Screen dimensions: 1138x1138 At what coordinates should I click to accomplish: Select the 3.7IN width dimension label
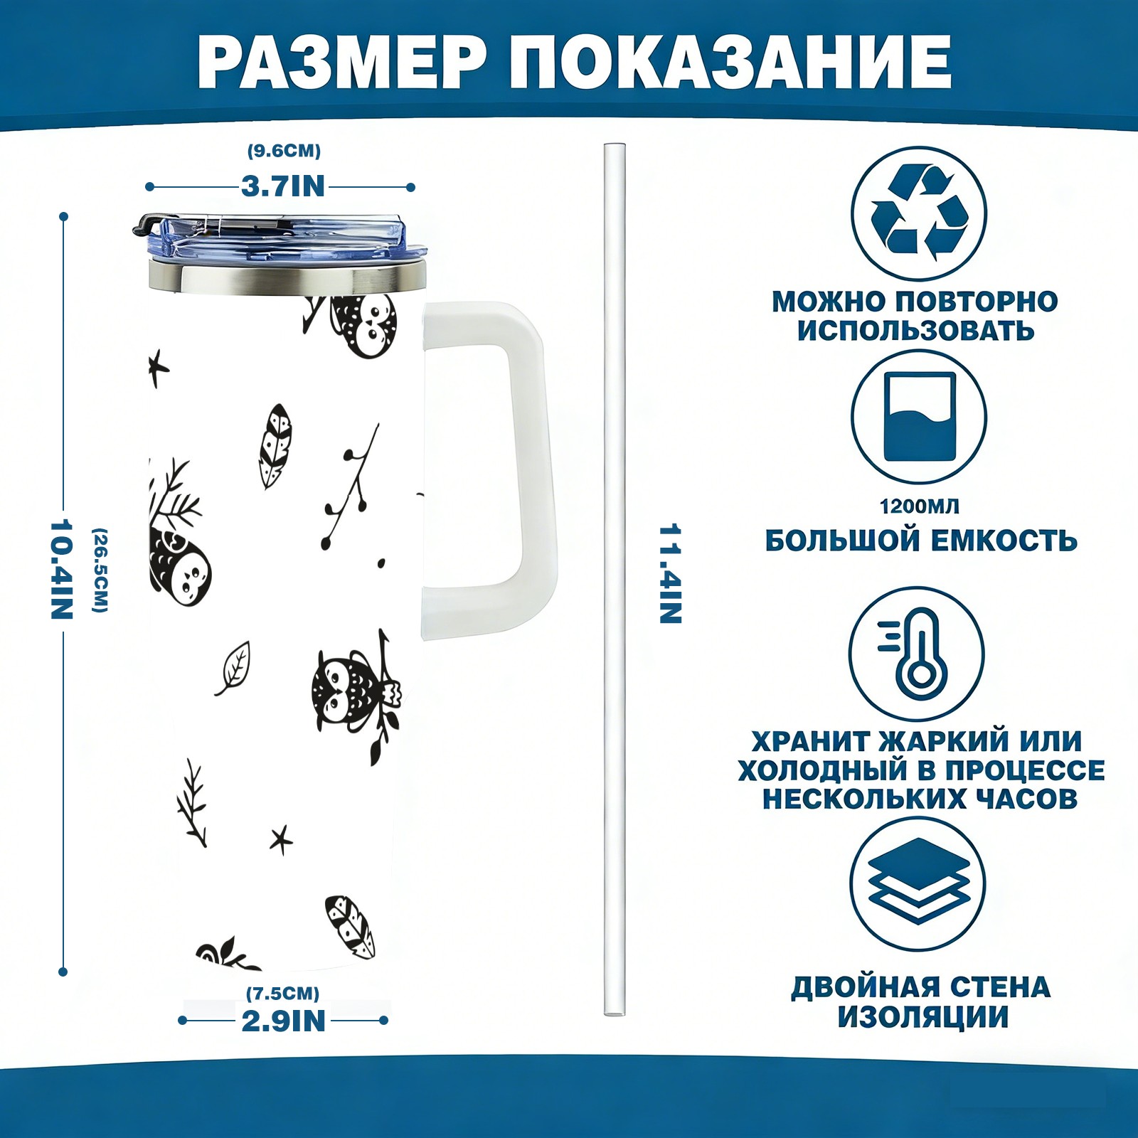point(283,186)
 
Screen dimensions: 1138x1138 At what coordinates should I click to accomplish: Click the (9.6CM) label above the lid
point(284,151)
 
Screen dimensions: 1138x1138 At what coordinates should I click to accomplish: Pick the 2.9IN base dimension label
point(284,1021)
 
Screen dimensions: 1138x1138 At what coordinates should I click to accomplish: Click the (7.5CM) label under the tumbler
point(282,993)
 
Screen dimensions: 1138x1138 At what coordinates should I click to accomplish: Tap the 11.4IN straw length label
point(671,574)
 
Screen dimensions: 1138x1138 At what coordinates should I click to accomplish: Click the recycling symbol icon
point(919,213)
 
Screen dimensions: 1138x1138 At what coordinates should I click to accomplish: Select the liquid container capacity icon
point(919,417)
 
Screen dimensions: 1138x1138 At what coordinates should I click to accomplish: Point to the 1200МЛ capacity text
point(919,506)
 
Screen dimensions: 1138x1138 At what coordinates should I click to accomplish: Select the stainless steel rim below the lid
point(287,277)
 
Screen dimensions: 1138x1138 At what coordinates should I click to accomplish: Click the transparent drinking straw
point(615,580)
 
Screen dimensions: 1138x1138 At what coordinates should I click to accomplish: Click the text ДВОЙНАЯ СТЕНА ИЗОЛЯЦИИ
point(921,1002)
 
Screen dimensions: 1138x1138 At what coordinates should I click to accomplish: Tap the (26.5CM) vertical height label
point(100,570)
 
